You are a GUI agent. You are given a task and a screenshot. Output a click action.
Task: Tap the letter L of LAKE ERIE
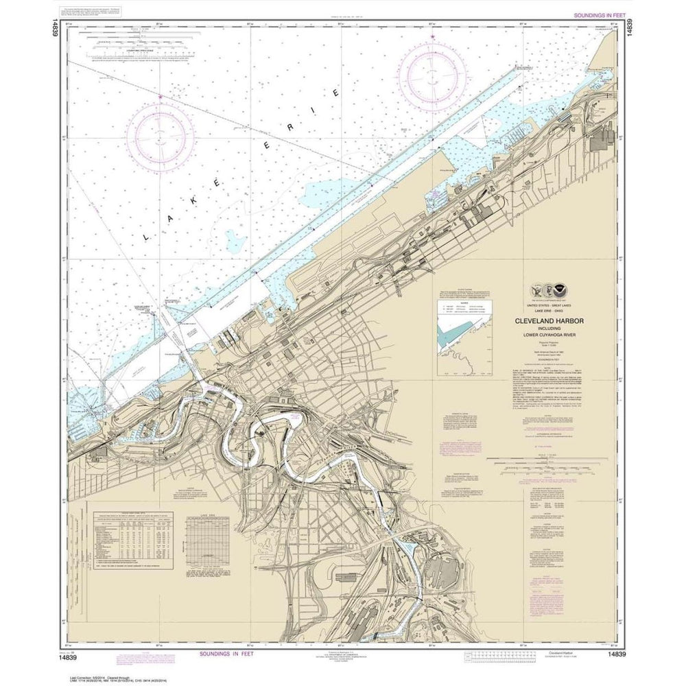click(x=147, y=235)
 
